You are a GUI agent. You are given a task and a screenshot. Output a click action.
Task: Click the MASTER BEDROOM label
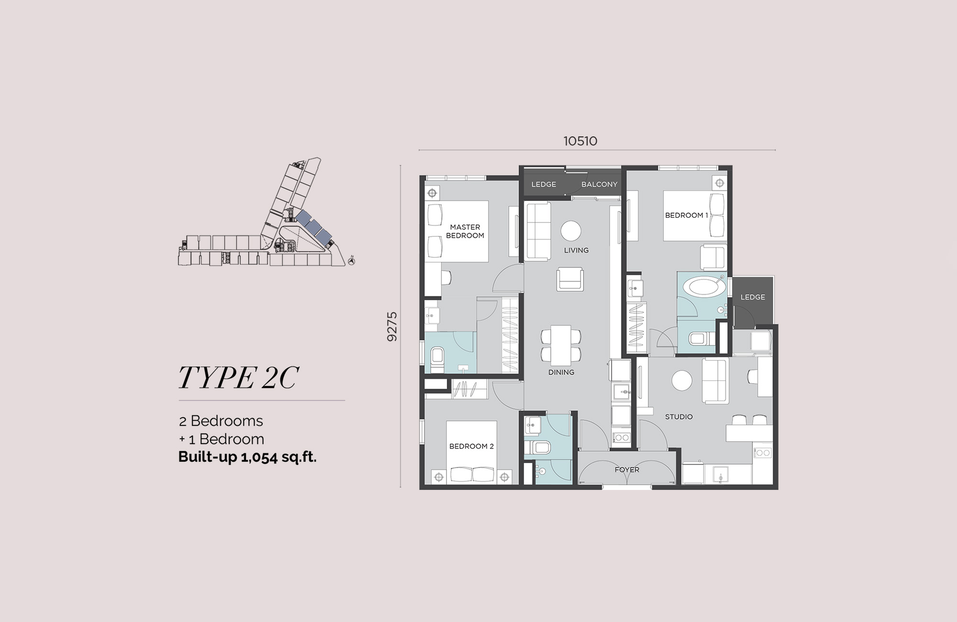(465, 231)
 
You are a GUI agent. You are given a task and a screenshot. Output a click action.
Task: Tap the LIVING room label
(576, 250)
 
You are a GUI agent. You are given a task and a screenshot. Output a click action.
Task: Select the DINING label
(561, 372)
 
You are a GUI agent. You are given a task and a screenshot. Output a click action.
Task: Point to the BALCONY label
(599, 184)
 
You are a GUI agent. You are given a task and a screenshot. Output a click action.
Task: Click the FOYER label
(627, 470)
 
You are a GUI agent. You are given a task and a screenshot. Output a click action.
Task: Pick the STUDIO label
(679, 417)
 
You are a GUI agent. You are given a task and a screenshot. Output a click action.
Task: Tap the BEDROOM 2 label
(471, 446)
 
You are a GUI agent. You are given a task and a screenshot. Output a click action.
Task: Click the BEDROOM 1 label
(687, 215)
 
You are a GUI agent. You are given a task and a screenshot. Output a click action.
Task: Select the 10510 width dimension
(580, 141)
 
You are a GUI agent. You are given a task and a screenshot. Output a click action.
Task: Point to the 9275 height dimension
(392, 327)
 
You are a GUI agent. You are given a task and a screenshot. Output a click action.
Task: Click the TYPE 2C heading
(238, 378)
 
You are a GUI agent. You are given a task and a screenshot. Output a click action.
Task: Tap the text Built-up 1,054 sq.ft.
(247, 457)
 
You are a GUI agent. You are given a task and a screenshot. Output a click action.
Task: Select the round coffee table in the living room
(571, 231)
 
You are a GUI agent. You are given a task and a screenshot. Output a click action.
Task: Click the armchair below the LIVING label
(570, 279)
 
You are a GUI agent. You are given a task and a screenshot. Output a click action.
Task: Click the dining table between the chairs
(561, 344)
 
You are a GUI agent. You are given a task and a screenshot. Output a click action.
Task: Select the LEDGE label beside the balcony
(544, 184)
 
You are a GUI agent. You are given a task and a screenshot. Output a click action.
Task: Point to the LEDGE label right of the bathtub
(753, 297)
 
